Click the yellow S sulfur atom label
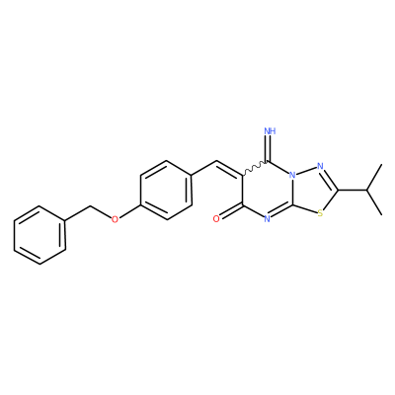pyautogui.click(x=320, y=213)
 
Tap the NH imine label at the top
pyautogui.click(x=270, y=131)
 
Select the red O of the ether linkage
pyautogui.click(x=115, y=219)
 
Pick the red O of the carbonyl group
pyautogui.click(x=216, y=219)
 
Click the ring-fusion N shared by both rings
pyautogui.click(x=292, y=175)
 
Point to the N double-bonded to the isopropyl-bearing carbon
pyautogui.click(x=320, y=166)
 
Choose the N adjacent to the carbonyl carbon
pyautogui.click(x=267, y=219)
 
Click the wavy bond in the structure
pyautogui.click(x=255, y=168)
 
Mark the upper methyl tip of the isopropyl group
pyautogui.click(x=381, y=165)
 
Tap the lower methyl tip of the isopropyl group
pyautogui.click(x=381, y=215)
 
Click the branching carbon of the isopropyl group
pyautogui.click(x=366, y=190)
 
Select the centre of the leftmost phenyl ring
pyautogui.click(x=39, y=235)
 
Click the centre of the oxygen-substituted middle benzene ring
pyautogui.click(x=166, y=191)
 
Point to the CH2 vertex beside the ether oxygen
pyautogui.click(x=90, y=206)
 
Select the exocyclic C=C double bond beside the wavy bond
pyautogui.click(x=229, y=169)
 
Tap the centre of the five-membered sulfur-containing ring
pyautogui.click(x=314, y=190)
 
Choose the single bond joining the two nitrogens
pyautogui.click(x=306, y=171)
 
